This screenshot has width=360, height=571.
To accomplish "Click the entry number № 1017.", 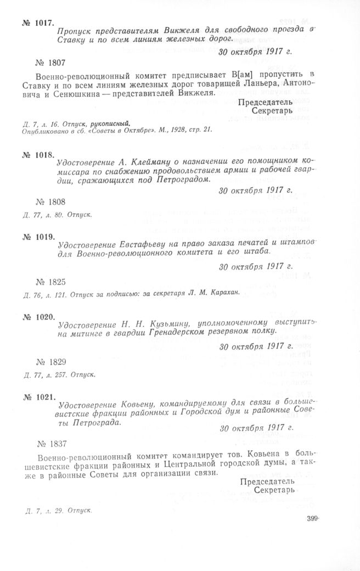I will [x=38, y=23].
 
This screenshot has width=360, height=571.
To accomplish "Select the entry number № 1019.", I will [x=38, y=237].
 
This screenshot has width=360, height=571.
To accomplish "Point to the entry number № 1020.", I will [x=38, y=317].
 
